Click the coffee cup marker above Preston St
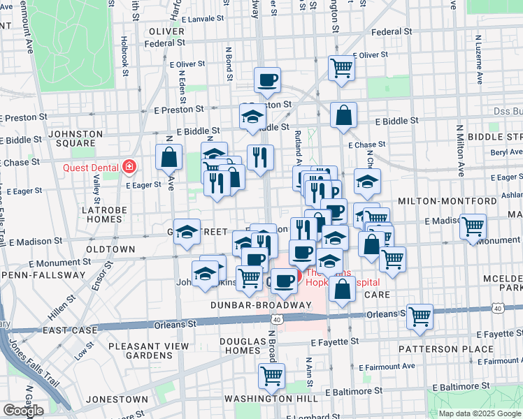[267, 80]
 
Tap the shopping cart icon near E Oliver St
[342, 68]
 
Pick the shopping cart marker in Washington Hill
[271, 376]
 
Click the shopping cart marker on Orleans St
[420, 316]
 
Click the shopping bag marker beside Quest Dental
[169, 157]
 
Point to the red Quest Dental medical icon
[129, 166]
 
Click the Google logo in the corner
[23, 410]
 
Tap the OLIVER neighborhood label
[166, 31]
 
